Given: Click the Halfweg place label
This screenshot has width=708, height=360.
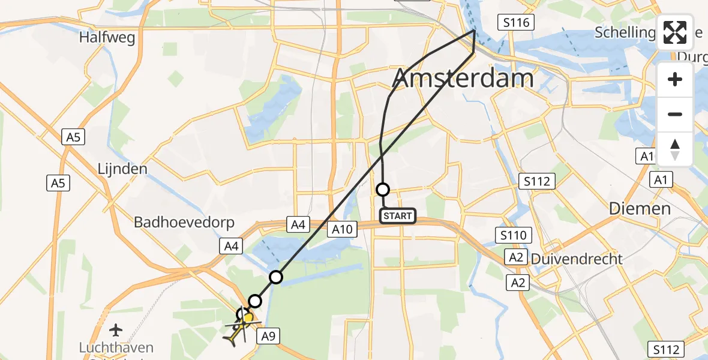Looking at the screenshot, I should (x=107, y=38).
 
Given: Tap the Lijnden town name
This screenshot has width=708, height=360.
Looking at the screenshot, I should (x=122, y=169).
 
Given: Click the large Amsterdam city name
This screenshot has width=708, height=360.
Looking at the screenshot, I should (x=463, y=79).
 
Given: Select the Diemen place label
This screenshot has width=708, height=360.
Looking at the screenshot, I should (x=640, y=209).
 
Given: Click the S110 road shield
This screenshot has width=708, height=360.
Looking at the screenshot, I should (x=513, y=235).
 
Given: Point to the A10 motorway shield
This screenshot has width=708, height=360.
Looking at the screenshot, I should (x=344, y=228).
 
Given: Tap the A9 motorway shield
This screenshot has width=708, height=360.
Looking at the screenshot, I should (x=269, y=337).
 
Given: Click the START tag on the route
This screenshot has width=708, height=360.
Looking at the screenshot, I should (x=398, y=215).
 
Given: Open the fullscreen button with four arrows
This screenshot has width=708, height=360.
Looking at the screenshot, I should (x=675, y=32).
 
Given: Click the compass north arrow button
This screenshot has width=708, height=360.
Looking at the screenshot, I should (x=675, y=149).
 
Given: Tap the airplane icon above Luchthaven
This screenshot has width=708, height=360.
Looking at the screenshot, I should (x=116, y=329).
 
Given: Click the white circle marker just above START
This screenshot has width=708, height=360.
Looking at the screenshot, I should (x=382, y=190).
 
